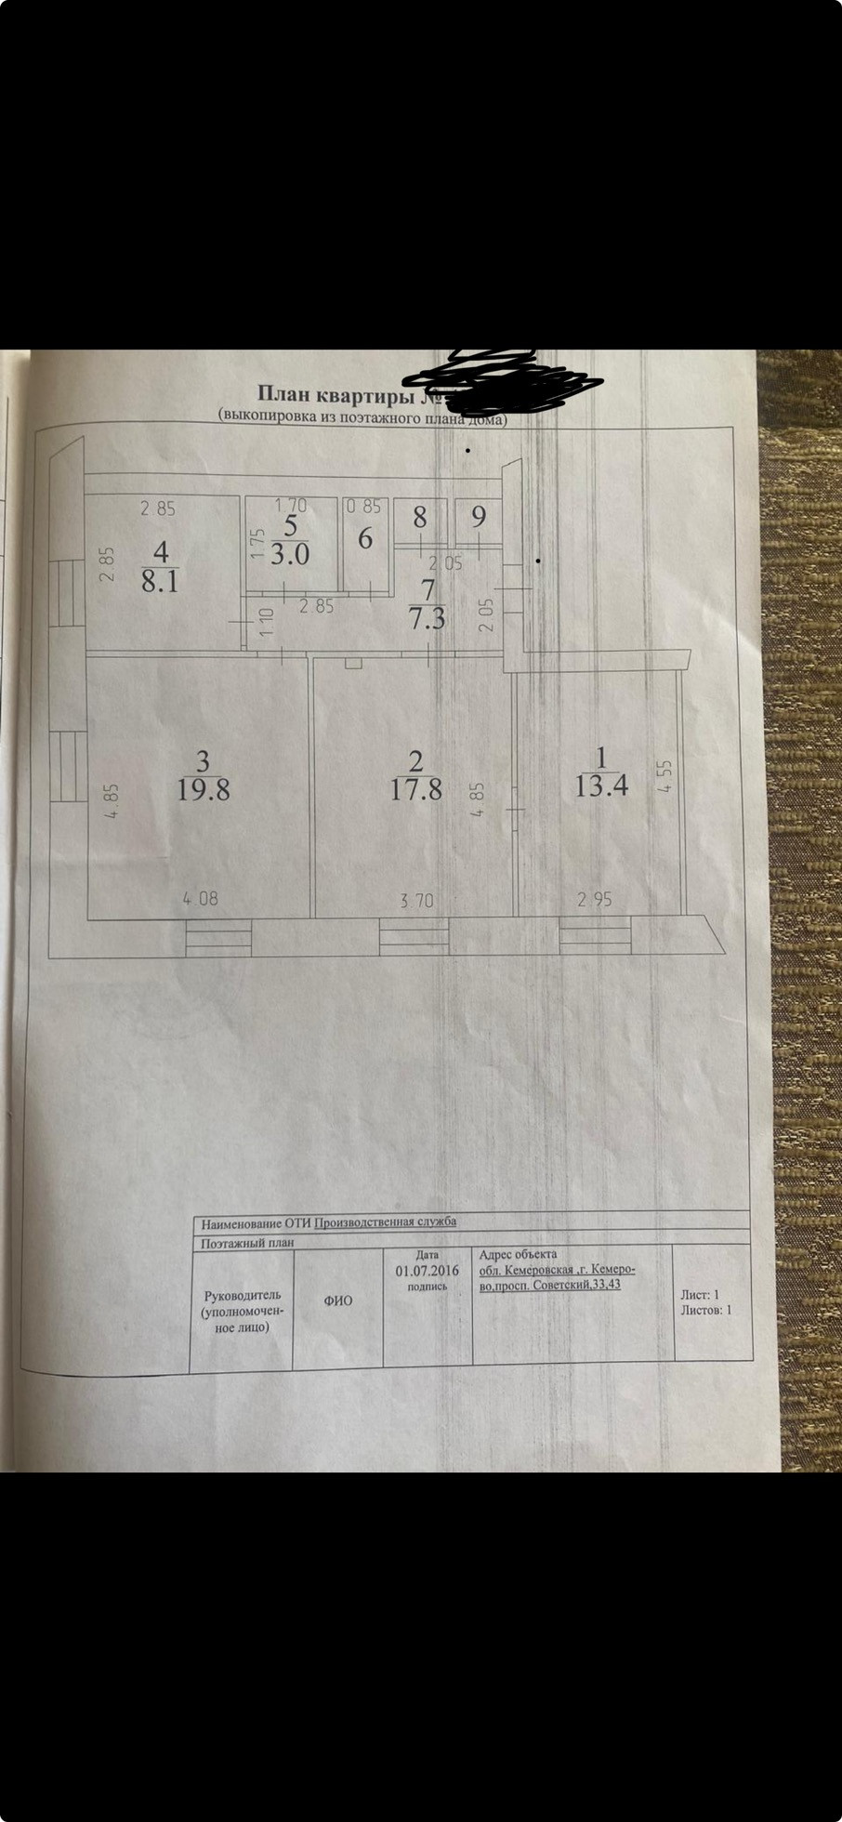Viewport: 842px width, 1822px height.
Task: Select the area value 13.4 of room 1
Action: click(601, 786)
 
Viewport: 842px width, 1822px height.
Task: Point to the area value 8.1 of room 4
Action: click(160, 582)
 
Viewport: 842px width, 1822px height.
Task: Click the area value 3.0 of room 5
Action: click(290, 555)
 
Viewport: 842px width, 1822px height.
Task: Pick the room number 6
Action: click(365, 538)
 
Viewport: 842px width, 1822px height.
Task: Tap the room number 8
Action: click(420, 517)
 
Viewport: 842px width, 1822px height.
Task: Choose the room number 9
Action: click(478, 517)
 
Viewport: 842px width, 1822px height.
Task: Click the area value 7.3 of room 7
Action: click(427, 617)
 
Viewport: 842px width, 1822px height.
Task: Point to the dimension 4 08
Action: click(200, 899)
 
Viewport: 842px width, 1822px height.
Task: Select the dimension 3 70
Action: click(416, 900)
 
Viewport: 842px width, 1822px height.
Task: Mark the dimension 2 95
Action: click(595, 900)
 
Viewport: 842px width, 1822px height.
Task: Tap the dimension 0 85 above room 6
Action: click(363, 508)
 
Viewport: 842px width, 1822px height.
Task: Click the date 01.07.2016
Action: click(427, 1271)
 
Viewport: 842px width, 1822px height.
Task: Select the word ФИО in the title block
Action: click(337, 1301)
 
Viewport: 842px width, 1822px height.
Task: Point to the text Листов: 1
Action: click(706, 1310)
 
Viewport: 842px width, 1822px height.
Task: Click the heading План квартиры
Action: click(335, 397)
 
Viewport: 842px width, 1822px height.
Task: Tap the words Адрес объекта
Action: click(518, 1254)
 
